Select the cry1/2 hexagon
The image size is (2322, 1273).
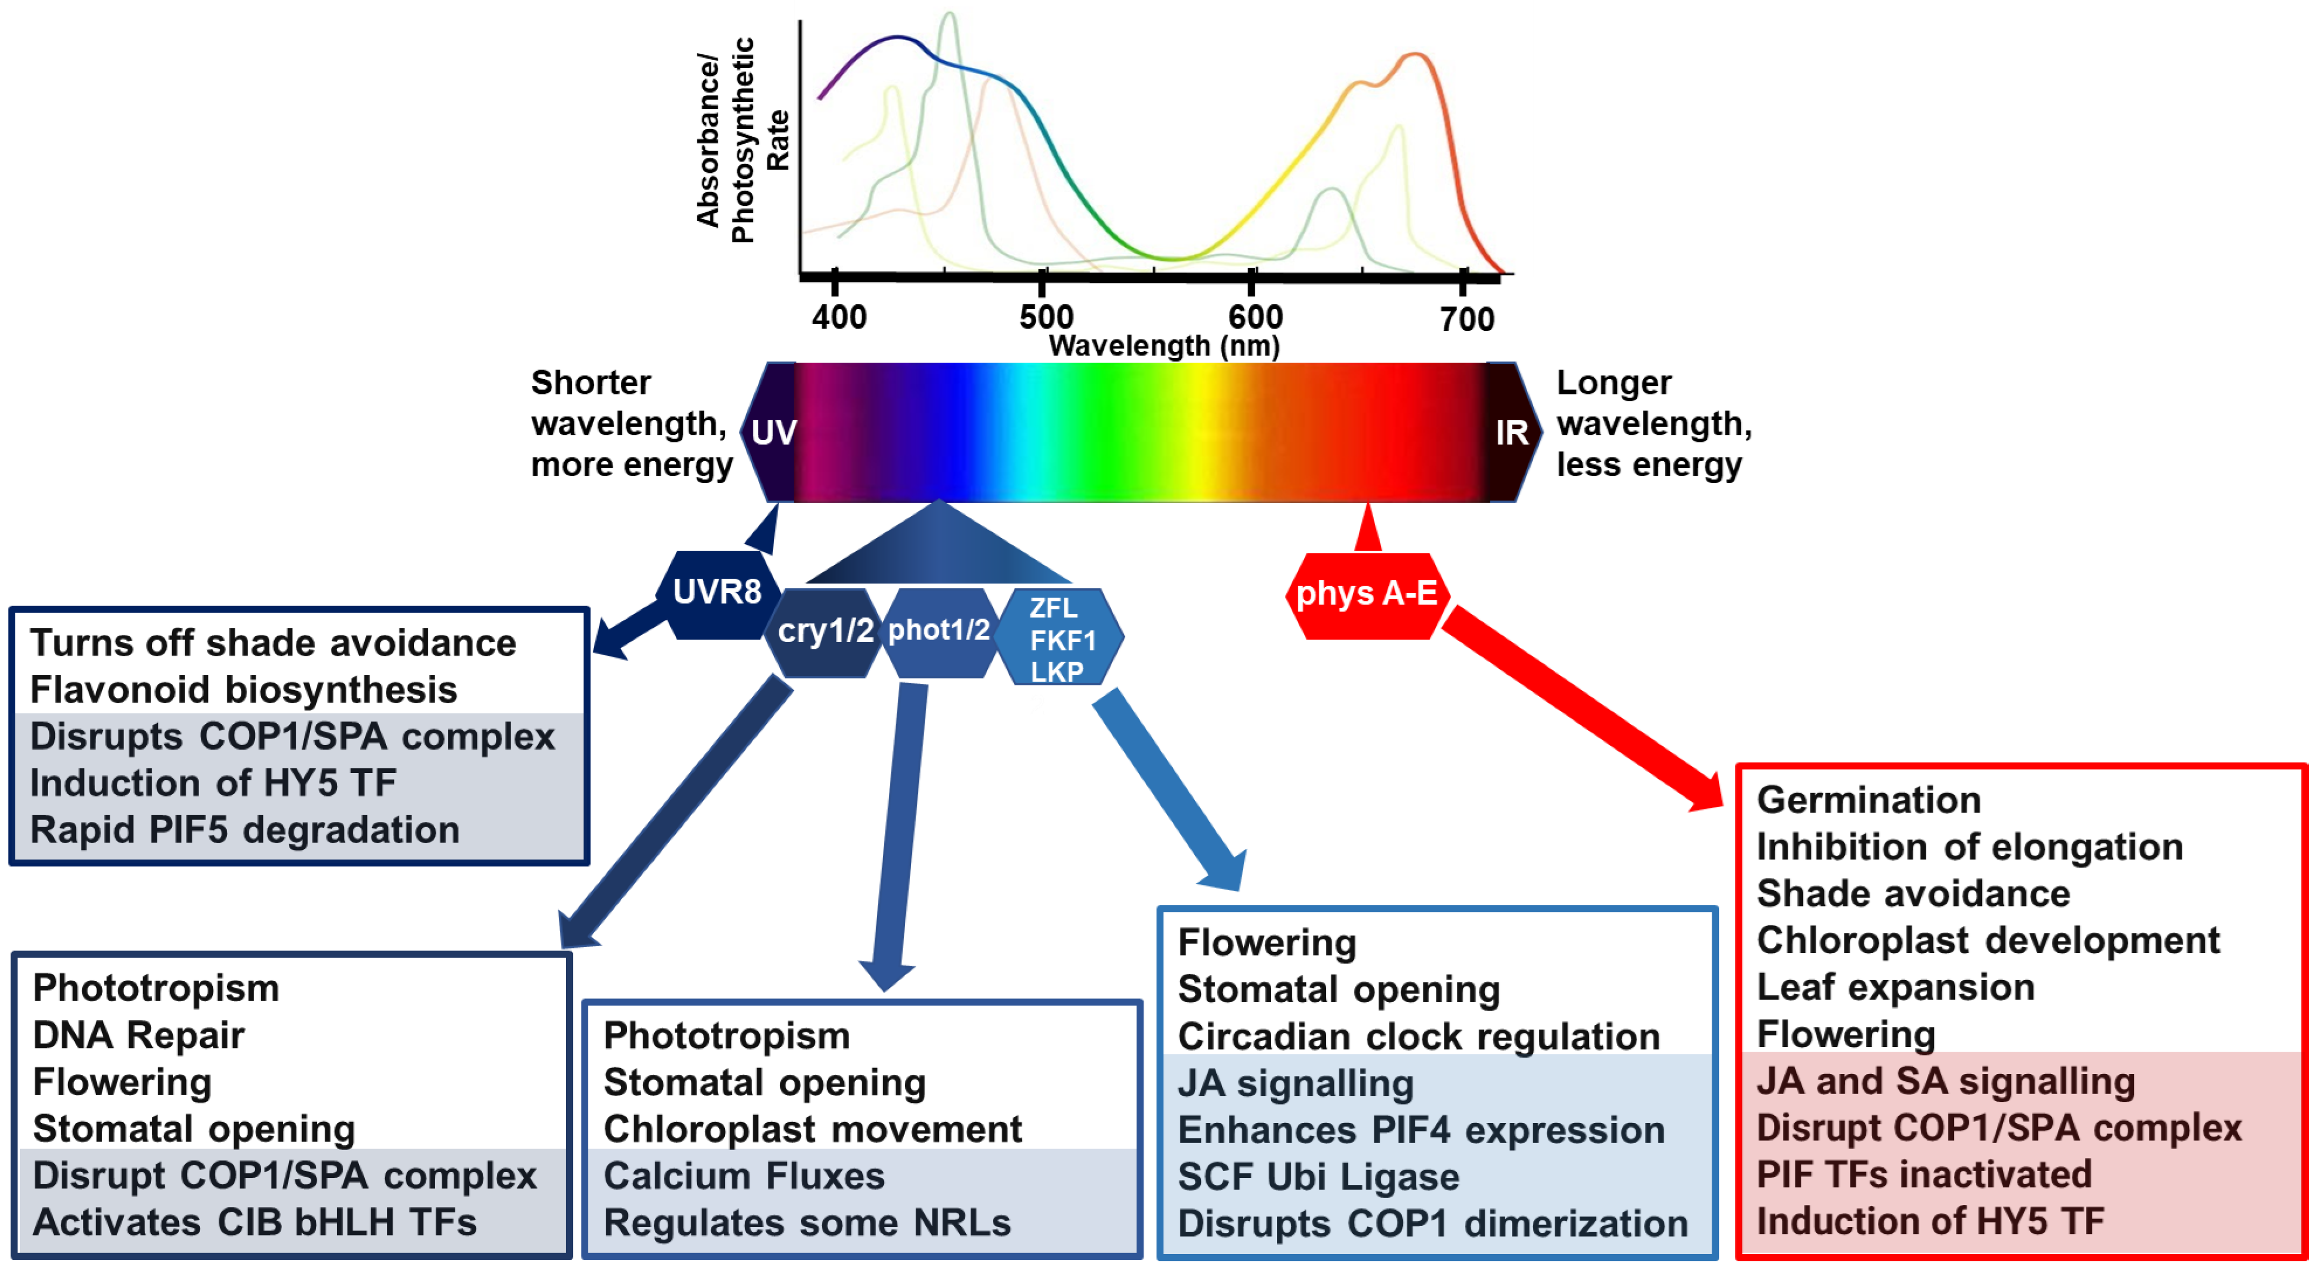825,631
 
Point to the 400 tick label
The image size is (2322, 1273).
838,317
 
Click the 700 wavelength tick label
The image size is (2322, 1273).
1466,319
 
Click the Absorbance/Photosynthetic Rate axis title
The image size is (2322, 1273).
741,140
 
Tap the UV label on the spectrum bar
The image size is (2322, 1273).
774,433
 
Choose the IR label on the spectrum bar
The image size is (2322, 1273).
1511,433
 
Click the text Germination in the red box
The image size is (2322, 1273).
1868,800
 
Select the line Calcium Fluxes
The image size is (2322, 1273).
744,1176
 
